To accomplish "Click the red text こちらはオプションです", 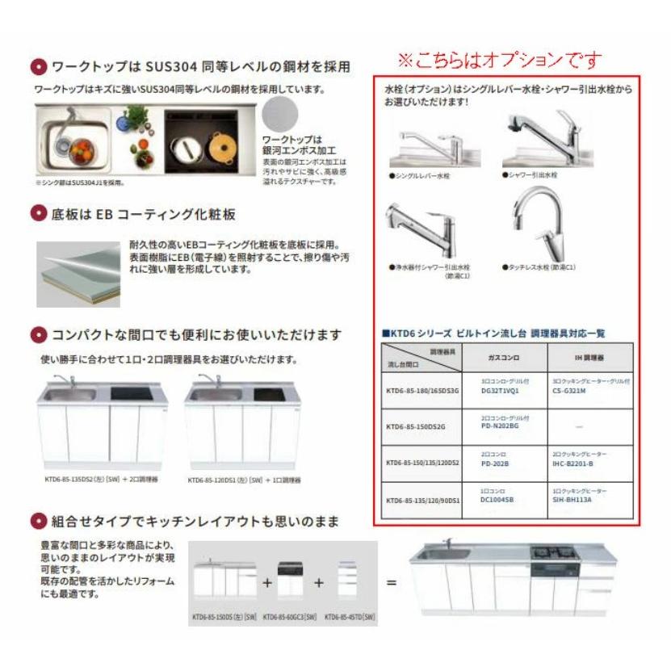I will (x=498, y=61).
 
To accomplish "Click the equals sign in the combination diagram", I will (x=392, y=581).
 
